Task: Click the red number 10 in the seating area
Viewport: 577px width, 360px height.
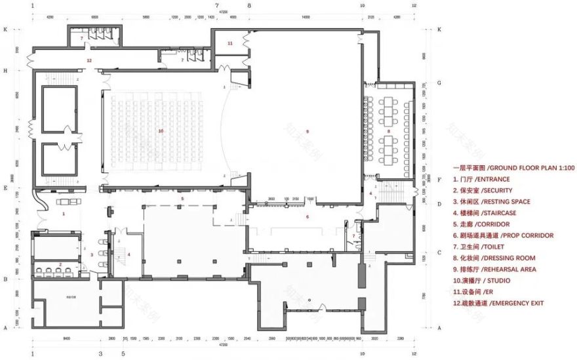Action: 160,131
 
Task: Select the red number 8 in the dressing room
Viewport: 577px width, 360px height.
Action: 388,132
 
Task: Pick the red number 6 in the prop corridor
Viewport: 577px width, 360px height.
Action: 307,216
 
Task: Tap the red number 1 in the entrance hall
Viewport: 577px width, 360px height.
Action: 64,214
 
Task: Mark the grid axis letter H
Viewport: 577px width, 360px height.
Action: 5,70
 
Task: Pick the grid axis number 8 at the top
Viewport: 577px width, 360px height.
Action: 249,5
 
